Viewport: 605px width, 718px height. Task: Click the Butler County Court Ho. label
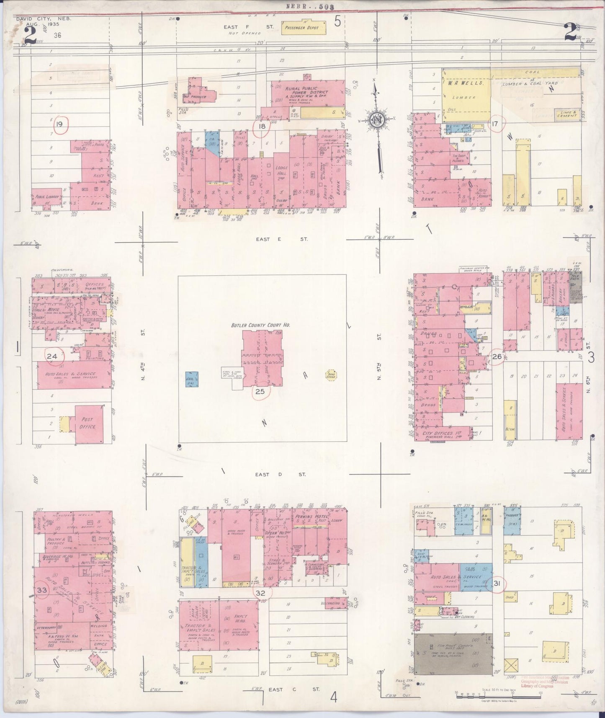[260, 325]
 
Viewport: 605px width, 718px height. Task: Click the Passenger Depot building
[301, 28]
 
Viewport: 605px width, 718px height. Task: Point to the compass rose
[377, 121]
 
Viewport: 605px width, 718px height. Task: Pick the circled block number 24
[52, 357]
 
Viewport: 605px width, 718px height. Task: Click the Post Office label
[88, 423]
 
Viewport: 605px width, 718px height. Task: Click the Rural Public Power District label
[306, 93]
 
